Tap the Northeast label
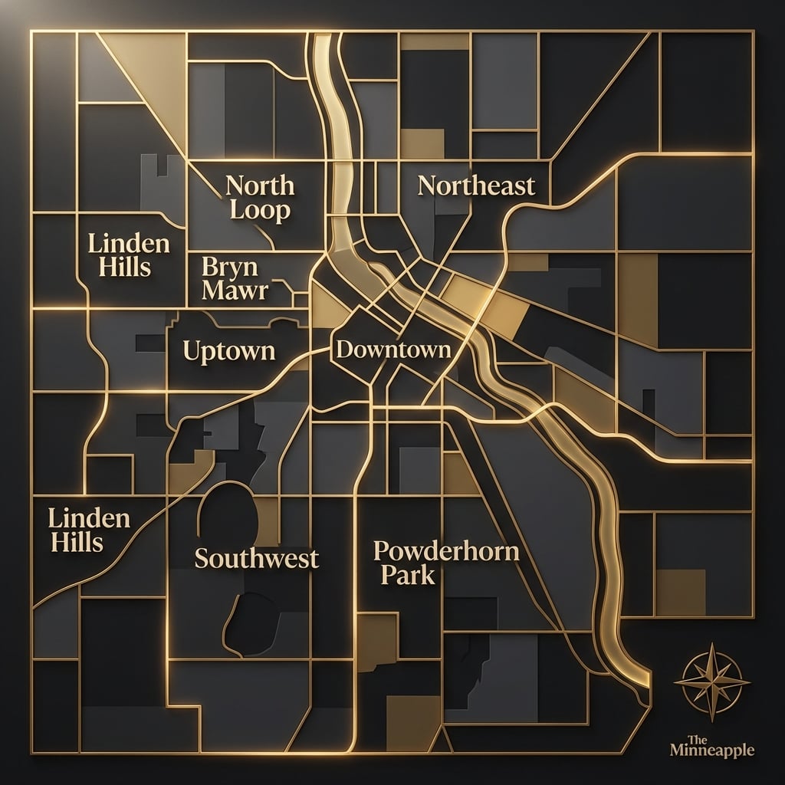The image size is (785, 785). pyautogui.click(x=476, y=185)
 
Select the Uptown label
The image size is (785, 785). pyautogui.click(x=229, y=351)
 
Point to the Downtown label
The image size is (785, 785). pyautogui.click(x=393, y=350)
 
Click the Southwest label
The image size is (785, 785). pyautogui.click(x=256, y=557)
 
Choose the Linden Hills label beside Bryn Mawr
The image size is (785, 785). pyautogui.click(x=129, y=256)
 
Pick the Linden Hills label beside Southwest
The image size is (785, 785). pyautogui.click(x=88, y=530)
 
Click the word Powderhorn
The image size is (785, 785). pyautogui.click(x=445, y=551)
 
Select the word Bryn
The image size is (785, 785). pyautogui.click(x=222, y=268)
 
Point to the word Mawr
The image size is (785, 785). pyautogui.click(x=235, y=291)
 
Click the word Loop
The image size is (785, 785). pyautogui.click(x=261, y=211)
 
